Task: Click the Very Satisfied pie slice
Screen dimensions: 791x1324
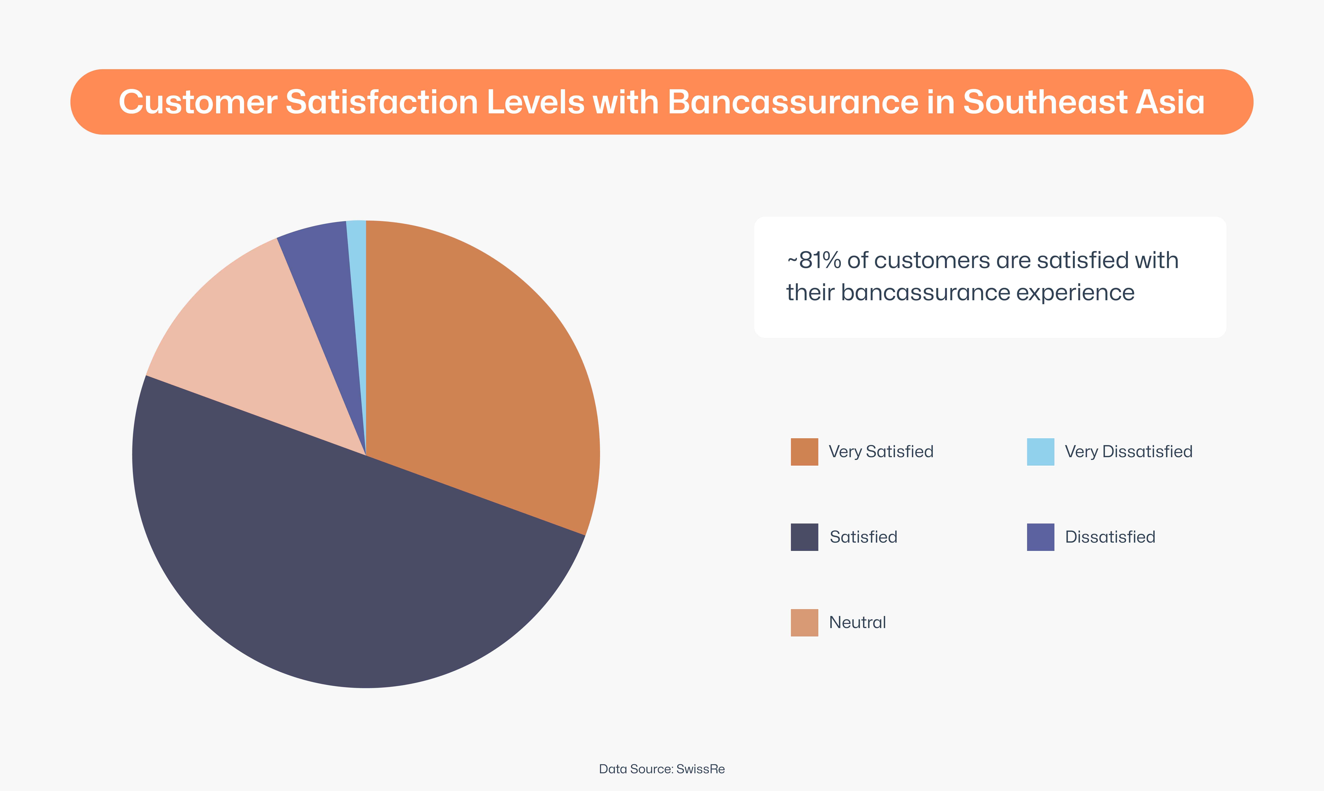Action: coord(480,373)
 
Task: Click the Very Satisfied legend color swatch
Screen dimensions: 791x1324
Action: coord(804,452)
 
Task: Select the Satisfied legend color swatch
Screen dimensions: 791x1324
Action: coord(804,537)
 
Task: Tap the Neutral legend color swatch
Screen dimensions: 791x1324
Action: coord(804,623)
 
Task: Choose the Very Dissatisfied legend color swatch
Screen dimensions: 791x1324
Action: coord(1040,452)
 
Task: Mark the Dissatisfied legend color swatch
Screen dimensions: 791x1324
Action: coord(1040,537)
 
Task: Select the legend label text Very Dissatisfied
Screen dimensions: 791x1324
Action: coord(1128,452)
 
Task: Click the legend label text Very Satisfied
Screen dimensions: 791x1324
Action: coord(881,452)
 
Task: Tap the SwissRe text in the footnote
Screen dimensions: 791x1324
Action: coord(700,769)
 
